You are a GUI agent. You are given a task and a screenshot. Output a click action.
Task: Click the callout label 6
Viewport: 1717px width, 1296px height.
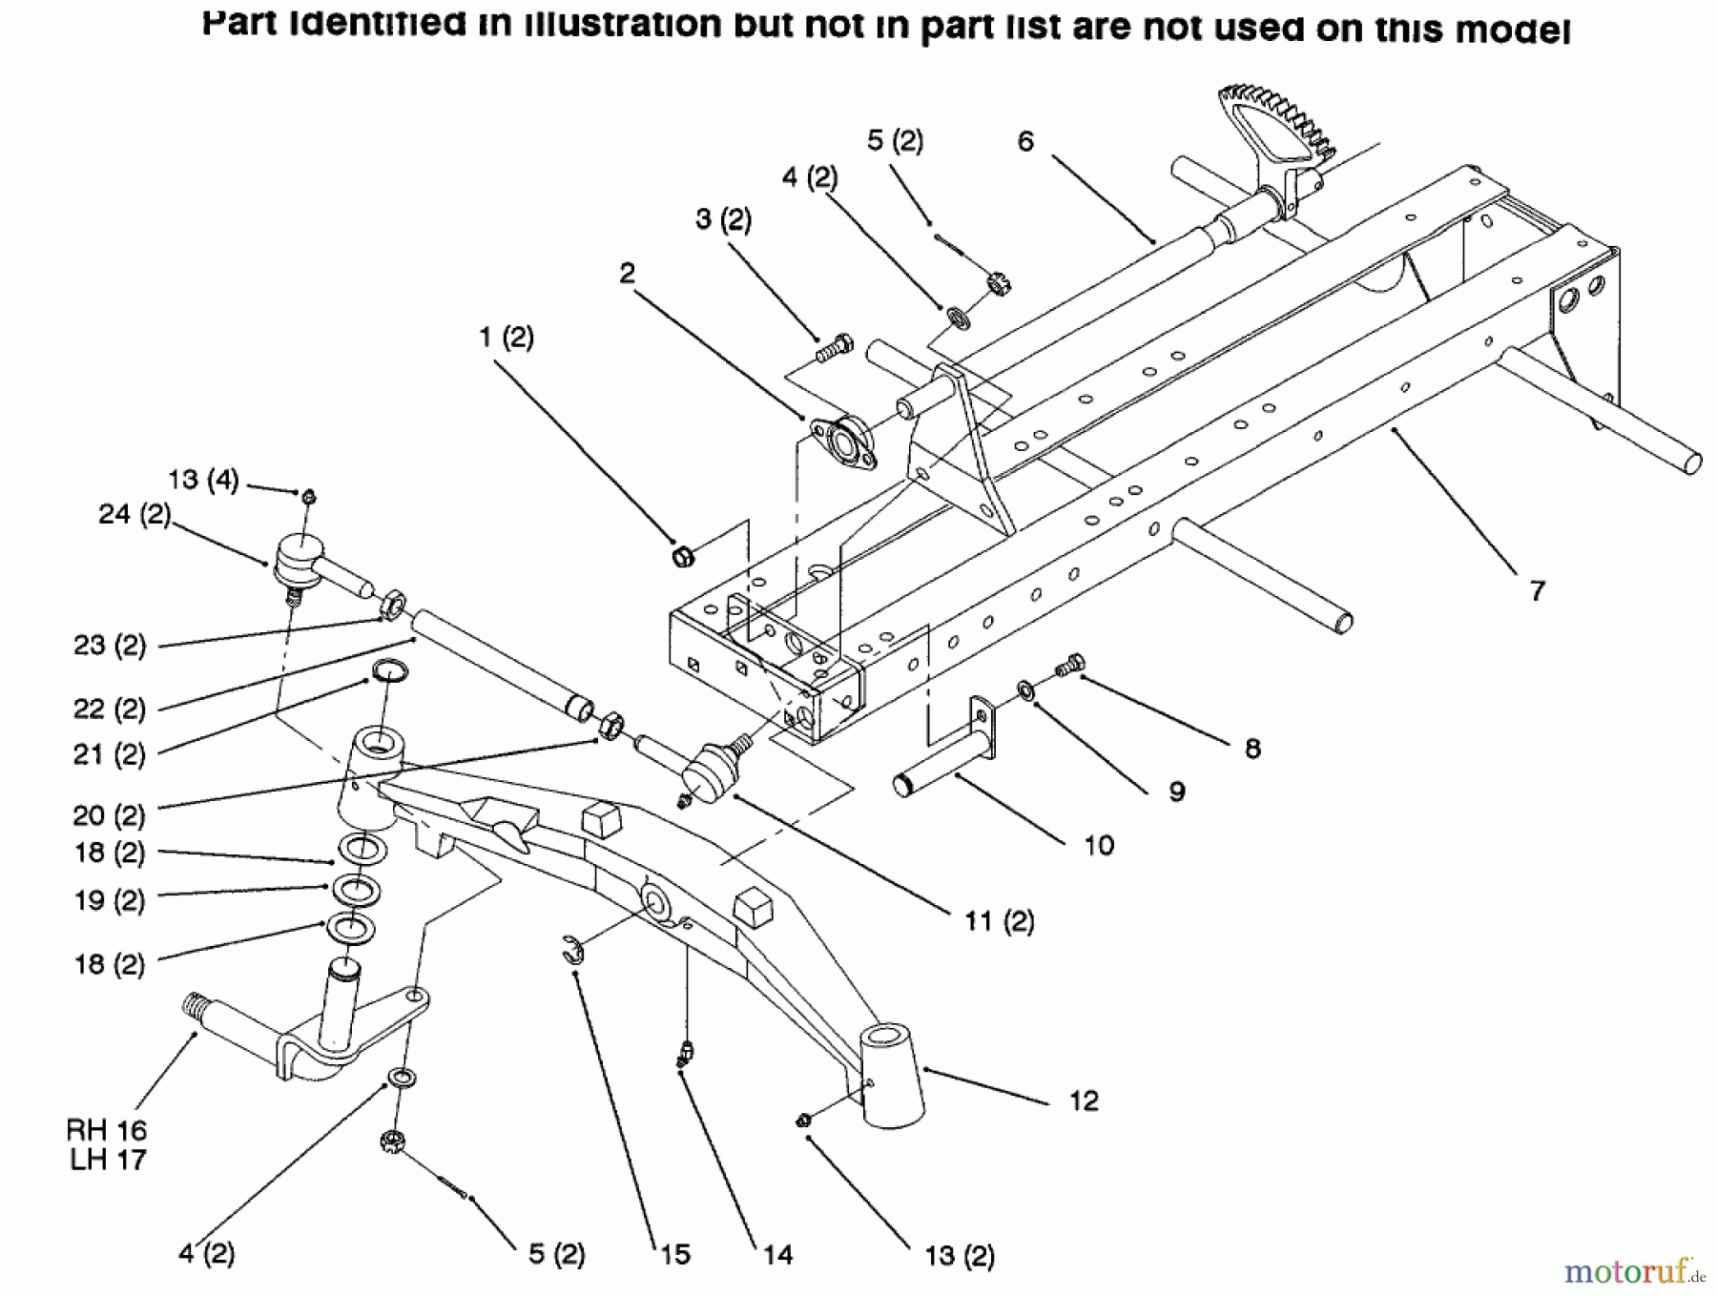(x=1025, y=142)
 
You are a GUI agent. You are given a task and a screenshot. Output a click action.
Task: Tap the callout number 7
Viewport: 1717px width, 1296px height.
(x=1537, y=591)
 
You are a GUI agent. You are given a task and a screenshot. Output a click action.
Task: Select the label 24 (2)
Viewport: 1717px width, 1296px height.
(x=134, y=515)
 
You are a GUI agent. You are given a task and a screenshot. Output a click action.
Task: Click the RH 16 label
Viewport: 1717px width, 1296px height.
(x=107, y=1130)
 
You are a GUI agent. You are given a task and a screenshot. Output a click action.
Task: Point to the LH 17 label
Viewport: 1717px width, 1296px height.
(x=107, y=1160)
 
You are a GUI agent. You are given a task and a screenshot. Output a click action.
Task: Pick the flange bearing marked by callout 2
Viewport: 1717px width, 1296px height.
(x=843, y=444)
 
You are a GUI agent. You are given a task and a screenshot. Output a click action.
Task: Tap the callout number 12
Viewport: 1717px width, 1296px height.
(x=1084, y=1101)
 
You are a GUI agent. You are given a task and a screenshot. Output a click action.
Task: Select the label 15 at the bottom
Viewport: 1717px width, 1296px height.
(x=674, y=1255)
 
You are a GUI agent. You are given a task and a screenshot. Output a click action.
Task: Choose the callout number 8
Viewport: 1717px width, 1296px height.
(x=1252, y=749)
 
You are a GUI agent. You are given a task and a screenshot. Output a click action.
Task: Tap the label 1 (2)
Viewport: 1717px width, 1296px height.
(x=507, y=338)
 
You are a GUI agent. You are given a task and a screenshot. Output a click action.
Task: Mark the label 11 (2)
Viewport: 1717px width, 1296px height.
(x=999, y=921)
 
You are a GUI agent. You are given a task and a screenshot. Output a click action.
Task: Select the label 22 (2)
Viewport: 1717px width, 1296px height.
(x=110, y=709)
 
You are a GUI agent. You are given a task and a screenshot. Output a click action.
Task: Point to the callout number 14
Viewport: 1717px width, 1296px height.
(x=777, y=1255)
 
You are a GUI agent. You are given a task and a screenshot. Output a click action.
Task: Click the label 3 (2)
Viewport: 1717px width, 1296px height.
(x=723, y=219)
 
